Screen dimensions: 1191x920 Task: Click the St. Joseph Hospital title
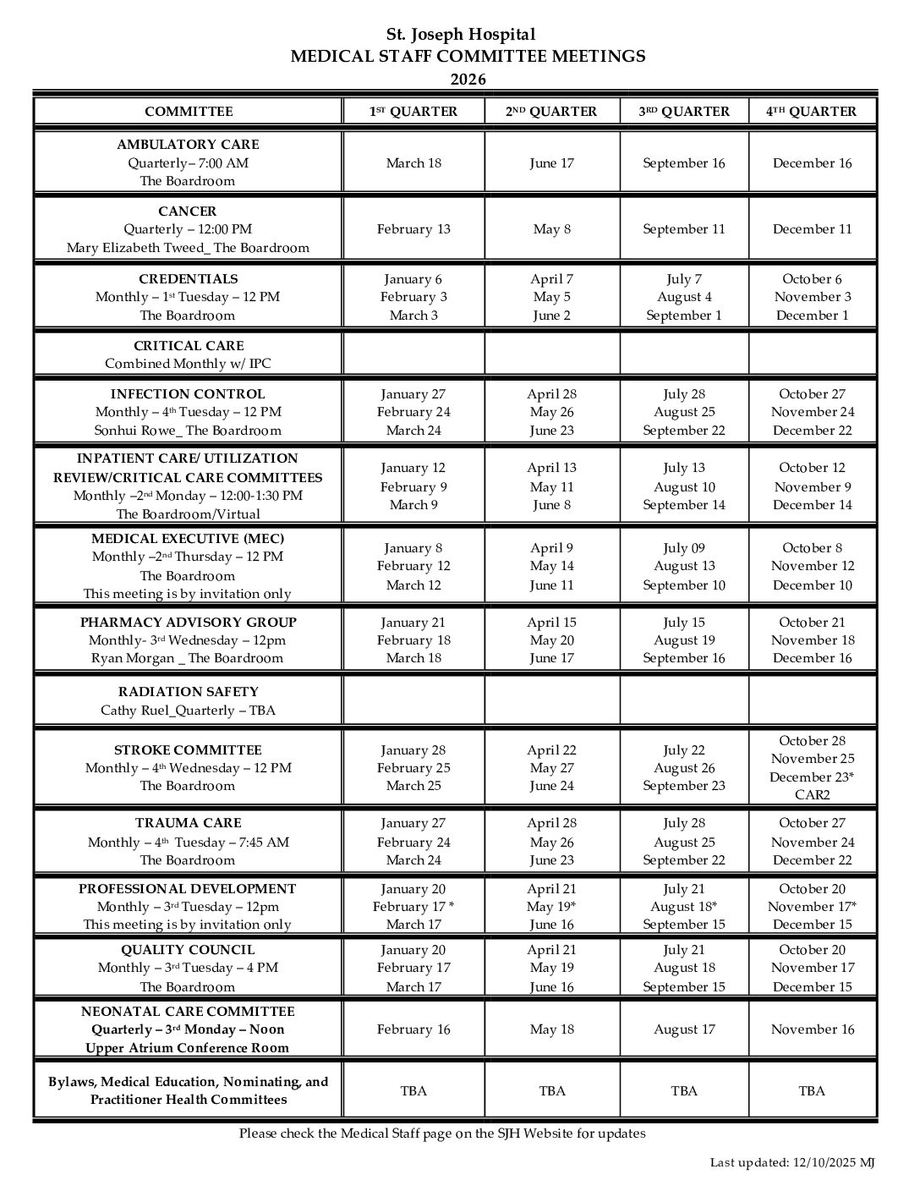click(460, 35)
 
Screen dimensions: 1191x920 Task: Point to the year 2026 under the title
click(468, 80)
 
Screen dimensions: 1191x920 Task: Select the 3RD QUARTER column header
click(683, 112)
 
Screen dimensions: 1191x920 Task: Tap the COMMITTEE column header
click(188, 112)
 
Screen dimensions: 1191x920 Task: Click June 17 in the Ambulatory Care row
click(551, 163)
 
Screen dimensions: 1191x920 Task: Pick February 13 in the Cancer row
click(413, 229)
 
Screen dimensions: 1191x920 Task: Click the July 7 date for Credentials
click(683, 279)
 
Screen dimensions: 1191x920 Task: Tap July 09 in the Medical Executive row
click(683, 548)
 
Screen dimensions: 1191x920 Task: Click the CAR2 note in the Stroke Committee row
click(812, 795)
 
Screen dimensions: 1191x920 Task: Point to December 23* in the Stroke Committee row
click(812, 777)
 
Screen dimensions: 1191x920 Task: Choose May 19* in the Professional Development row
click(551, 907)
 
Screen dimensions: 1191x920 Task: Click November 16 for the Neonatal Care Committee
click(812, 1029)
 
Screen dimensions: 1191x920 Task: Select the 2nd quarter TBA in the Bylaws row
click(551, 1091)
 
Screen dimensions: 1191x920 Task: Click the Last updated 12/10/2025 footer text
click(791, 1163)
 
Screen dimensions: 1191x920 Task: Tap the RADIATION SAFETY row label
click(188, 692)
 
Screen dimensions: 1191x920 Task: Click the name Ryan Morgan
click(129, 659)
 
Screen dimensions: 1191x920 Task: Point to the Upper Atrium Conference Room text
click(188, 1048)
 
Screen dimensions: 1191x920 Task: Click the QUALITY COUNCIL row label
click(188, 950)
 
